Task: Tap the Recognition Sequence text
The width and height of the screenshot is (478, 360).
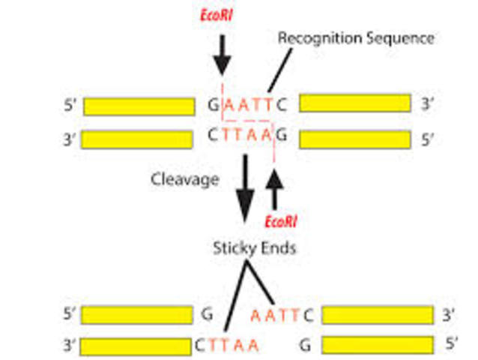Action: coord(356,37)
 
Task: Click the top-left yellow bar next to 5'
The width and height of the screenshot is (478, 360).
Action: coord(138,106)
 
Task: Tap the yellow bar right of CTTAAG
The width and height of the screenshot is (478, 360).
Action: coord(354,139)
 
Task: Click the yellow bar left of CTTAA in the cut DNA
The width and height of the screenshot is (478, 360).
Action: coord(138,346)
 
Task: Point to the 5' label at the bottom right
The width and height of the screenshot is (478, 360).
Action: coord(452,345)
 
